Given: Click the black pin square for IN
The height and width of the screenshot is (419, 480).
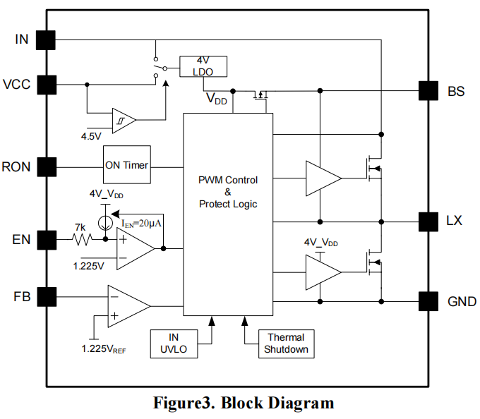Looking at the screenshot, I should pyautogui.click(x=46, y=40).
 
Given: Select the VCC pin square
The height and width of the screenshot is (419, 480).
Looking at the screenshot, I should pyautogui.click(x=46, y=85).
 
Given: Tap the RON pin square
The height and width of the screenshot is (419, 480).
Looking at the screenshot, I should pyautogui.click(x=46, y=166).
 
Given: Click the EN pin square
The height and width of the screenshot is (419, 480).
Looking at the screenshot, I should pyautogui.click(x=46, y=240).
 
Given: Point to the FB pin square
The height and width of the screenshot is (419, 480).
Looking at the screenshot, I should pyautogui.click(x=46, y=296).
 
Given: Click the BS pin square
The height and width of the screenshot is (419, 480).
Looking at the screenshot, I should pyautogui.click(x=428, y=90).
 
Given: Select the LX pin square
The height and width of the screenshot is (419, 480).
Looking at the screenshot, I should pyautogui.click(x=428, y=221).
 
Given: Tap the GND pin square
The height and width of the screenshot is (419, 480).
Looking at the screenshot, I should pyautogui.click(x=428, y=301).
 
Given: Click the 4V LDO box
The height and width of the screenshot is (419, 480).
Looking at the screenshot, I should pyautogui.click(x=203, y=66).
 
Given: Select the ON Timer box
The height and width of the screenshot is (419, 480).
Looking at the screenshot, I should pyautogui.click(x=127, y=165).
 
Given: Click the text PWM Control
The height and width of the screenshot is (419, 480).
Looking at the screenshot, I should pyautogui.click(x=227, y=180).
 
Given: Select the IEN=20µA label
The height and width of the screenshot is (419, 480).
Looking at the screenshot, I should pyautogui.click(x=142, y=224).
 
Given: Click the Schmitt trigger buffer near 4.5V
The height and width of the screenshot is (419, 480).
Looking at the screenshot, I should pyautogui.click(x=123, y=121).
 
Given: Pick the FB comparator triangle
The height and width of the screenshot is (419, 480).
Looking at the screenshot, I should pyautogui.click(x=127, y=306).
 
